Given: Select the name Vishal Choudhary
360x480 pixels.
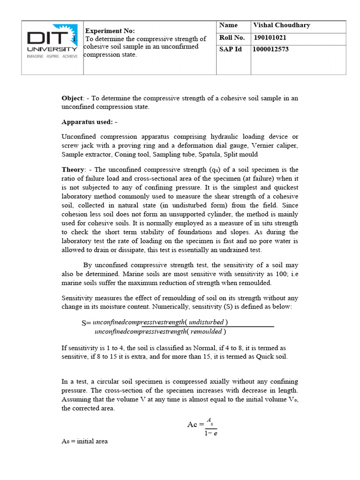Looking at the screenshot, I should coord(281,25).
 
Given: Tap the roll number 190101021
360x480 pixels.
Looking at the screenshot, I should coord(270,38).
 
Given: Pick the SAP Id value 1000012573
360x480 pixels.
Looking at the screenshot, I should coord(271,49).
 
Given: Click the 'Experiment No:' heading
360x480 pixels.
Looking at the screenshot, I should coord(110,30).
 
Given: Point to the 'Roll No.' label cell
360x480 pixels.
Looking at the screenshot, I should coord(232,38).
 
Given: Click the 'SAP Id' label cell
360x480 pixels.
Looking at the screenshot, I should coord(230,49).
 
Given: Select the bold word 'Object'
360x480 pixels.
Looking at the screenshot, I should coord(72,98).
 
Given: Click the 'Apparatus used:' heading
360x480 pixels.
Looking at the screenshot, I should coord(89,122).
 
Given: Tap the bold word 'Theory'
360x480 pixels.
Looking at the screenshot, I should coord(73,170).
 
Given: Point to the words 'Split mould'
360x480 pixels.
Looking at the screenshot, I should coord(241,154).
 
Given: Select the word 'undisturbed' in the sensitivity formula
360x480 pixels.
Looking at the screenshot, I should coord(206,322).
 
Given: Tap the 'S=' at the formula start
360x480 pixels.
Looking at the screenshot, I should coord(86,323).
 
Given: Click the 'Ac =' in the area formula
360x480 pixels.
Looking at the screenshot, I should coord(195,424).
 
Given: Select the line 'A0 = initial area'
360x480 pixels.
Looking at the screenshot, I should coord(85,442).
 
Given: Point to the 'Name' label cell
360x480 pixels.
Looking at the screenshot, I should coord(228,25).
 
